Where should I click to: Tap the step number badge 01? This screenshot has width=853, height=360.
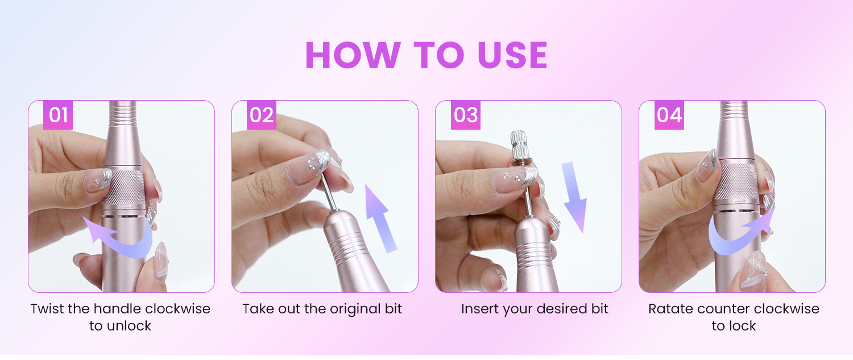tap(58, 115)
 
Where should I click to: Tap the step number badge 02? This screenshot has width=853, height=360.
tap(262, 115)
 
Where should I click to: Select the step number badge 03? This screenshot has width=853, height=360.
tap(465, 115)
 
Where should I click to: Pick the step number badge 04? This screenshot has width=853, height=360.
tap(669, 115)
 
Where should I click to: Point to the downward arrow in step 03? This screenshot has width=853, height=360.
tap(573, 196)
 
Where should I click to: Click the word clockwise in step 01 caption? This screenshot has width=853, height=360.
tap(177, 309)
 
